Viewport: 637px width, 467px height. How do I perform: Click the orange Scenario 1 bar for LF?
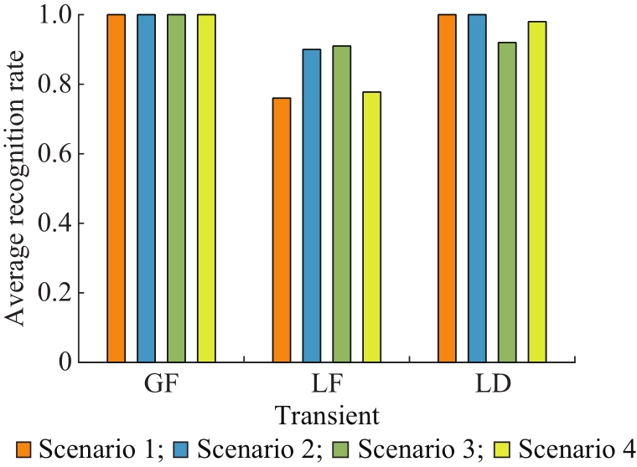282,230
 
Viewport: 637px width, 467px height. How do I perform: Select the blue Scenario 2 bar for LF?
312,206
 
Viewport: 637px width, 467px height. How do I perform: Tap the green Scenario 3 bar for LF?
342,204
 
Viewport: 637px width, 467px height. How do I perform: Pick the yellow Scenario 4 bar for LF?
371,227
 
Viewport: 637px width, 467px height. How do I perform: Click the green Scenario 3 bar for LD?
507,202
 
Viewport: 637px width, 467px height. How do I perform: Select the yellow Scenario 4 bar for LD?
537,192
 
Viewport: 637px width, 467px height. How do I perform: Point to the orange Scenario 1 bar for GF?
117,188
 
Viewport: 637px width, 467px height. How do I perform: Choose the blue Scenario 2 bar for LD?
477,188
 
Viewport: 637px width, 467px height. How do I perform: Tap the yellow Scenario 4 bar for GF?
206,188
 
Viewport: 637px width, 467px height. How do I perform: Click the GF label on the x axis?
161,384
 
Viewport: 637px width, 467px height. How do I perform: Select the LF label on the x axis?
327,384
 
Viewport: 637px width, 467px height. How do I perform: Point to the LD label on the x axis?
493,384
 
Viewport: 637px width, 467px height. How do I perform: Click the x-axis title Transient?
327,415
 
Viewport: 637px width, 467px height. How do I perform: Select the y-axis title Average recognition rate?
15,188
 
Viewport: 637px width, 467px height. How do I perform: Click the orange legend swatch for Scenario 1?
24,449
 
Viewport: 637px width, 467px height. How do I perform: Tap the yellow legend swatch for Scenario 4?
502,449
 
